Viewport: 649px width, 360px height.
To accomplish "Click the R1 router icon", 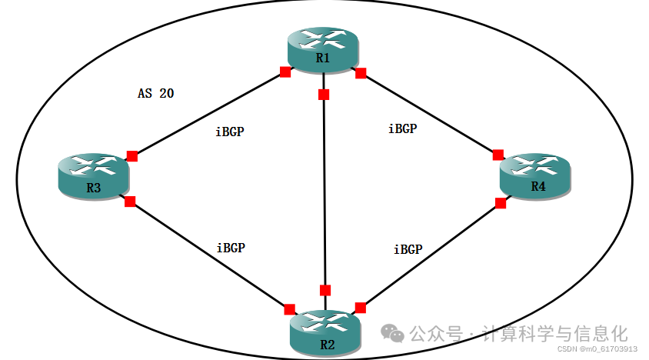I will pos(323,49).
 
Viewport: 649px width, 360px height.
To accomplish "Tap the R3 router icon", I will pos(93,177).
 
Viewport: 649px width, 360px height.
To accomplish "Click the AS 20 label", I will pos(156,94).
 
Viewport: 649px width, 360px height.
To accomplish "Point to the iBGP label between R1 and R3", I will pos(230,132).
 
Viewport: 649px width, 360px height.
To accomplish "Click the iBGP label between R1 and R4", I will pos(402,128).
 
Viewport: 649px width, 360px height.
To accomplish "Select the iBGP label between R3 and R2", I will pos(231,248).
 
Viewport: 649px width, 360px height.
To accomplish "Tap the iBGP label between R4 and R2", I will pos(408,249).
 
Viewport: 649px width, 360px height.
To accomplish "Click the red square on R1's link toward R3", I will pos(285,72).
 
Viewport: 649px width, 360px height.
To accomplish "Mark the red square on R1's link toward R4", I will pos(360,73).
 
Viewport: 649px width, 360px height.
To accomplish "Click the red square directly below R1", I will pos(324,95).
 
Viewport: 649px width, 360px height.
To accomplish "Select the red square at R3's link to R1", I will pos(131,156).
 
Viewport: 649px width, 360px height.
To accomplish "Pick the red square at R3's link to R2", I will pos(129,202).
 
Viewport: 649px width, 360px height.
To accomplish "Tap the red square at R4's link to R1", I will pos(498,155).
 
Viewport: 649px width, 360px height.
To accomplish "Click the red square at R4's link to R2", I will pos(501,203).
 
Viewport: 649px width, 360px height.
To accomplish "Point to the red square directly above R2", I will pos(325,290).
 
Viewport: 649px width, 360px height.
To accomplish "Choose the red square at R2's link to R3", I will pos(289,309).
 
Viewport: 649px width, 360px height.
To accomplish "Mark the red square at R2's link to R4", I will pos(360,308).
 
